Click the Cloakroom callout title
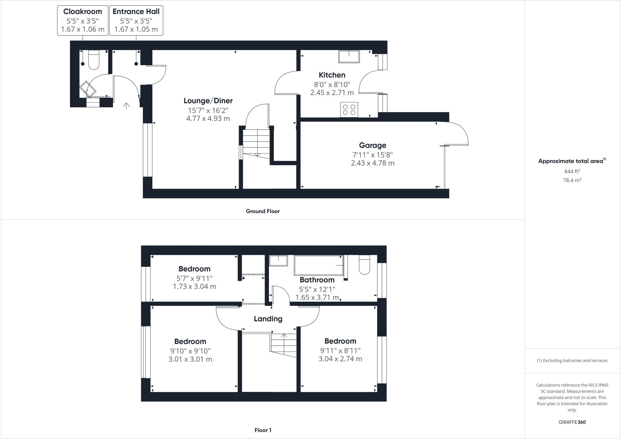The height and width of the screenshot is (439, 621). (x=82, y=12)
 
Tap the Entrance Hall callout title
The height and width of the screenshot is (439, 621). (x=136, y=12)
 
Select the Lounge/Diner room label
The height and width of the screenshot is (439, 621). (x=208, y=100)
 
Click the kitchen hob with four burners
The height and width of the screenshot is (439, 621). (x=349, y=109)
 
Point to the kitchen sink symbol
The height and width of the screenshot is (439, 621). (x=349, y=56)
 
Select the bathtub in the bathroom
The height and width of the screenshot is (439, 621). (x=319, y=265)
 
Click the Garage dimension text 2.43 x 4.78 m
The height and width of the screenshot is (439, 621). (x=372, y=163)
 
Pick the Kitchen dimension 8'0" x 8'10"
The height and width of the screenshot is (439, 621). (x=332, y=84)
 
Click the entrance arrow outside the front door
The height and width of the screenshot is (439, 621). (x=126, y=106)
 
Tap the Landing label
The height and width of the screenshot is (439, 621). (x=268, y=319)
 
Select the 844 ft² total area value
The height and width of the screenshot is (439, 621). (x=572, y=171)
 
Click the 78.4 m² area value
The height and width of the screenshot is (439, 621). (x=572, y=180)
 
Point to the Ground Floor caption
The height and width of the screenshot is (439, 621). (x=263, y=211)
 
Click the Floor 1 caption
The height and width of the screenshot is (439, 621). (x=263, y=430)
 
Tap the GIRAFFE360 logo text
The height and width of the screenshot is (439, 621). (x=572, y=422)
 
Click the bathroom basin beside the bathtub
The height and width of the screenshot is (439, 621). (x=278, y=260)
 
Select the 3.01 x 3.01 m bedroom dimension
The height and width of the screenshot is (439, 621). (x=190, y=359)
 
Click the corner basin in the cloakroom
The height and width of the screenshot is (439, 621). (x=88, y=89)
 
